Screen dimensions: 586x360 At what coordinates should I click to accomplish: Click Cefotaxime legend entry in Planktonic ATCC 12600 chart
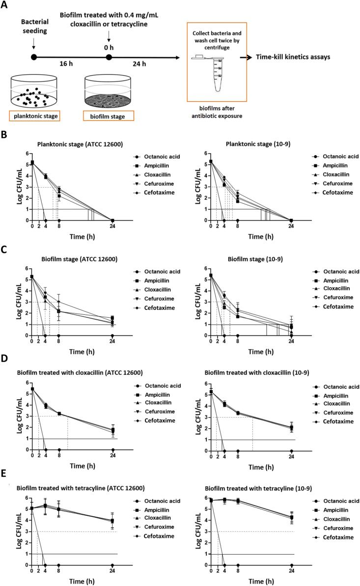[151, 192]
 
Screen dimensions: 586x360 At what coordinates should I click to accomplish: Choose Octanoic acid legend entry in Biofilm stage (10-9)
[332, 272]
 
